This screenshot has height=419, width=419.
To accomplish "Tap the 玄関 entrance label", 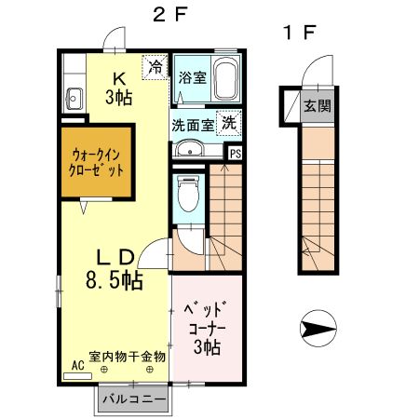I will (317, 105).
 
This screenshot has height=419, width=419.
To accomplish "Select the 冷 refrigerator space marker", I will (155, 67).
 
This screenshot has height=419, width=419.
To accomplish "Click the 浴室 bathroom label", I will (193, 77).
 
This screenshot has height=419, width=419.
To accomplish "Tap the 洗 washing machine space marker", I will (229, 121).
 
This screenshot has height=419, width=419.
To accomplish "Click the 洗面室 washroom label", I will (193, 123).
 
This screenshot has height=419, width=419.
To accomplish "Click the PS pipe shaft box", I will (236, 155).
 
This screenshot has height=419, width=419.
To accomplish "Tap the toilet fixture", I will (186, 196).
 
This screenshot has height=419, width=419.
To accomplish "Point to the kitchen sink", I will (74, 95).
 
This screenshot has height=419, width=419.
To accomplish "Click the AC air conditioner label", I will (77, 368).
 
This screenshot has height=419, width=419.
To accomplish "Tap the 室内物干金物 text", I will (128, 356).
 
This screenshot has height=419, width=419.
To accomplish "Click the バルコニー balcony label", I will (135, 399).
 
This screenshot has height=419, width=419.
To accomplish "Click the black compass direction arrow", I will (318, 328).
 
